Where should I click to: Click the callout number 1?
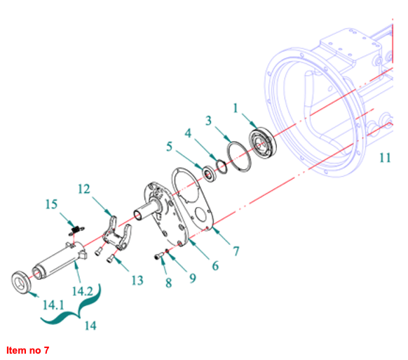(236, 108)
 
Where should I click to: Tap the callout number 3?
(208, 121)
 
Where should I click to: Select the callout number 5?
(169, 147)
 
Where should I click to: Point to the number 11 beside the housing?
(385, 158)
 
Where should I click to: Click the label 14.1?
(53, 305)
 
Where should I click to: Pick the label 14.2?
(83, 291)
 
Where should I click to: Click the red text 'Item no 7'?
(27, 350)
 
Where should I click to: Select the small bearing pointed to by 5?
(209, 173)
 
